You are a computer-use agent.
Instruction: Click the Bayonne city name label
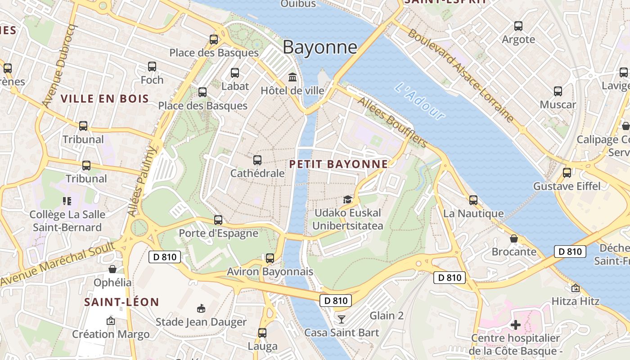pyautogui.click(x=320, y=47)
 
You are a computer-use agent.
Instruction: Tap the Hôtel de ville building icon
pyautogui.click(x=292, y=77)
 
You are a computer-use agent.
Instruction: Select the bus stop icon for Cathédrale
pyautogui.click(x=257, y=160)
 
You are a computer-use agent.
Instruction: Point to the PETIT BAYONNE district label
pyautogui.click(x=338, y=164)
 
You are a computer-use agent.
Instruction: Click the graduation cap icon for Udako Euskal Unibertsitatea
pyautogui.click(x=347, y=199)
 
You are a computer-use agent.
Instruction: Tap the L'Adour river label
pyautogui.click(x=420, y=101)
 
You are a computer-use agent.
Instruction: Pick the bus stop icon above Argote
pyautogui.click(x=518, y=26)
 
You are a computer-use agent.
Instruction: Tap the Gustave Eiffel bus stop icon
pyautogui.click(x=567, y=173)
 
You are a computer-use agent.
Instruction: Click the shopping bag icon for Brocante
pyautogui.click(x=514, y=238)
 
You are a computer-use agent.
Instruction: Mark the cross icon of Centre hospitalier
pyautogui.click(x=516, y=324)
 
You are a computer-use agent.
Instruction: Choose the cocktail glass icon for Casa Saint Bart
pyautogui.click(x=342, y=319)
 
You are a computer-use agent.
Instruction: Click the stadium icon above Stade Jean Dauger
pyautogui.click(x=201, y=309)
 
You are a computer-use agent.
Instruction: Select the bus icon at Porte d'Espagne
pyautogui.click(x=218, y=220)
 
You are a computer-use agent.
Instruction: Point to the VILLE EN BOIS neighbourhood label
pyautogui.click(x=104, y=99)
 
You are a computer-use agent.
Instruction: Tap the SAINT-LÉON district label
pyautogui.click(x=121, y=302)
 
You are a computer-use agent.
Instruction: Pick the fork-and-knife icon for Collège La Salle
pyautogui.click(x=67, y=201)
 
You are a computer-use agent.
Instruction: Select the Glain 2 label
pyautogui.click(x=387, y=316)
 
